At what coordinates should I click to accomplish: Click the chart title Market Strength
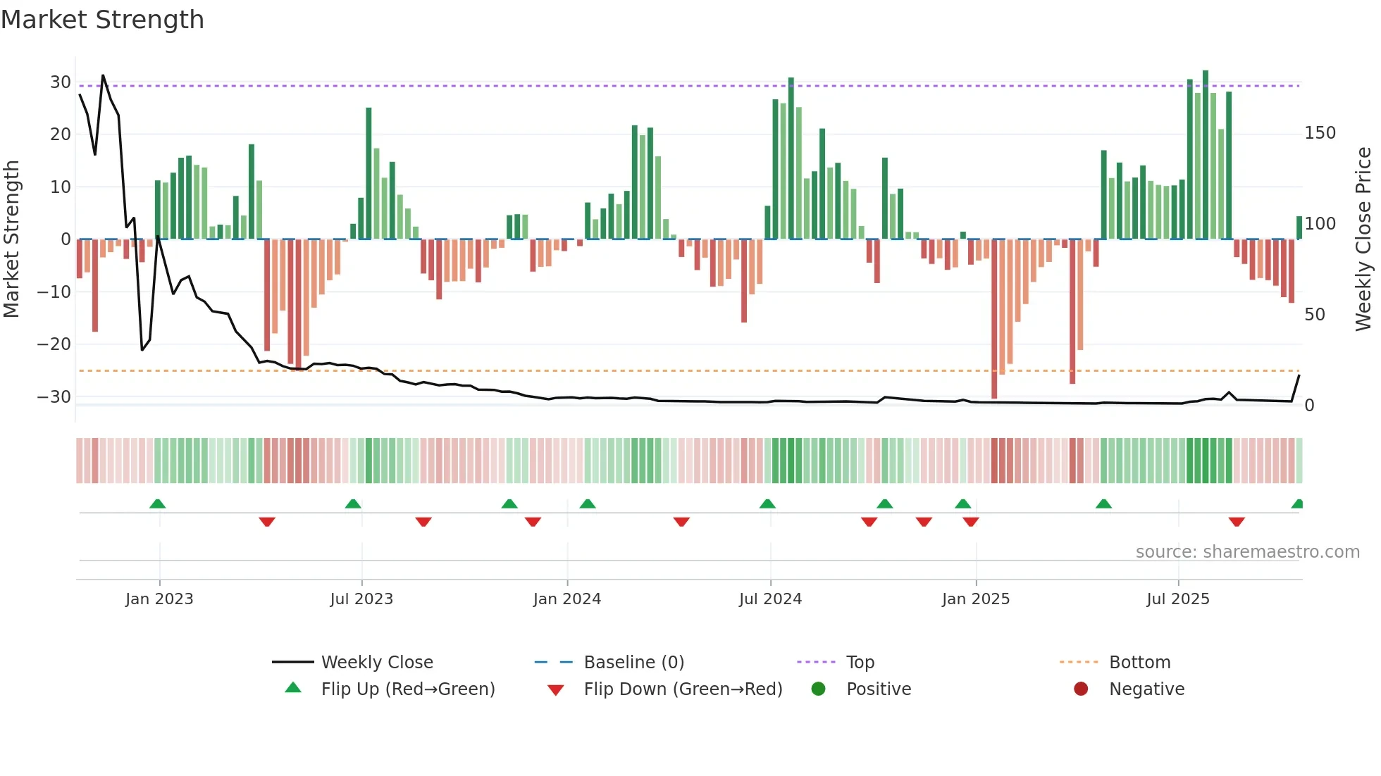(102, 20)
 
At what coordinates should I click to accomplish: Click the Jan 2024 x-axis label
(566, 599)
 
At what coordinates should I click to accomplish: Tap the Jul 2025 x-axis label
(1177, 599)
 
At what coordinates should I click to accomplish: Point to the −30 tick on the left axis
(55, 396)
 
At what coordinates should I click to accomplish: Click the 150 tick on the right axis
(1320, 133)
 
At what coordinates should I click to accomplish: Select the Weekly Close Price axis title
(1363, 239)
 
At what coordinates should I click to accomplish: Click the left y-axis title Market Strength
(11, 239)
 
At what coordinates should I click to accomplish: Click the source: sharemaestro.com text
(1247, 552)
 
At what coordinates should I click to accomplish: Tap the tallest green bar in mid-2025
(1206, 155)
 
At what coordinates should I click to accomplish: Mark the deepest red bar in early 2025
(994, 318)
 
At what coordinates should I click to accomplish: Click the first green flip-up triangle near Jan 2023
(158, 503)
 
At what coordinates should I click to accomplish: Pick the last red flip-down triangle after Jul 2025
(1237, 522)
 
